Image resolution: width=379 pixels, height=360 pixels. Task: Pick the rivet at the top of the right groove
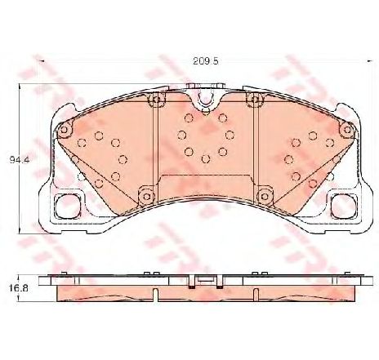click(x=256, y=100)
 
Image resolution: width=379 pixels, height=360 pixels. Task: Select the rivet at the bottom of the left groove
click(x=147, y=193)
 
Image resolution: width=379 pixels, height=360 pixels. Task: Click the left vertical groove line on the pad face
click(x=156, y=147)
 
